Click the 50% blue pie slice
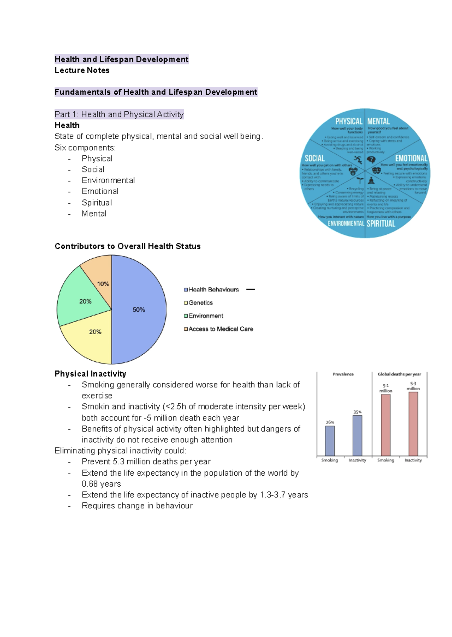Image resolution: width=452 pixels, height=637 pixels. point(139,309)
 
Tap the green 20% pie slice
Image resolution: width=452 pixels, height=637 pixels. point(82,301)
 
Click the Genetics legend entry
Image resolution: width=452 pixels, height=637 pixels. point(200,303)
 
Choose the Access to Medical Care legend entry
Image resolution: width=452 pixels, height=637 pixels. point(220,329)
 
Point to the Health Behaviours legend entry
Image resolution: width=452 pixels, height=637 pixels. point(213,290)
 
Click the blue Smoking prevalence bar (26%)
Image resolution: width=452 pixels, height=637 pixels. point(330,441)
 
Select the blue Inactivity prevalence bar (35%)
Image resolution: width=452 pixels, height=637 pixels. point(357,435)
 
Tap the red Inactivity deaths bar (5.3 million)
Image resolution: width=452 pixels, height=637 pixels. point(413,424)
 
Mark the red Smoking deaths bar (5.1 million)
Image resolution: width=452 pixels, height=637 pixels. point(386,425)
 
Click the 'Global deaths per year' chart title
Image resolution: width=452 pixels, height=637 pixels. point(399,374)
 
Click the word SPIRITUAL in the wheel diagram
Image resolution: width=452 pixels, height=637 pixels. point(381,224)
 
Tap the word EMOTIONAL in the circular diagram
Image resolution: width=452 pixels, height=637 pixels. point(411,158)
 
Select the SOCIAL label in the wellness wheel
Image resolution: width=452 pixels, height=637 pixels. point(315,158)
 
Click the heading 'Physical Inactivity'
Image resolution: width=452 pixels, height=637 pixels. point(90,374)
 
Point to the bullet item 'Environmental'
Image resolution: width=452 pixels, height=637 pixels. point(108,180)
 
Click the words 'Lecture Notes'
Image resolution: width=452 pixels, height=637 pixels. point(82,70)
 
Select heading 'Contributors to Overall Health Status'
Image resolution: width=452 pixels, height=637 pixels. point(127,246)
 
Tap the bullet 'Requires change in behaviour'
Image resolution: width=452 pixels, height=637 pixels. point(137,506)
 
